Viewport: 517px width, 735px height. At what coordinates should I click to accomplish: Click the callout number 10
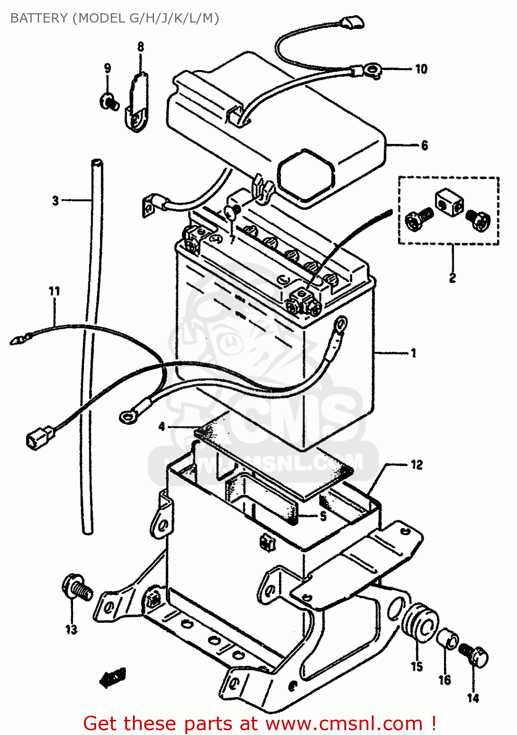point(421,69)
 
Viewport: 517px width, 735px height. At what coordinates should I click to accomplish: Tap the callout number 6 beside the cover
point(424,146)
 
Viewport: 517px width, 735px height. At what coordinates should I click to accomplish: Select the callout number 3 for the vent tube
point(55,200)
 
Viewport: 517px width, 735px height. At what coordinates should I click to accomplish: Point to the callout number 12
point(416,465)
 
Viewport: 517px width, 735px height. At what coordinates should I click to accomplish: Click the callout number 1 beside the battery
point(414,353)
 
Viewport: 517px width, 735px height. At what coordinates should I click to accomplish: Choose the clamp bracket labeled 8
point(137,104)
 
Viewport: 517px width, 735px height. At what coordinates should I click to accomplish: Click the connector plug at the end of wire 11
point(39,437)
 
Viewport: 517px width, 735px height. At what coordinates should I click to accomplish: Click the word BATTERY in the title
point(39,18)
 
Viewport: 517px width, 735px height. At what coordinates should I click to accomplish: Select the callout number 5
point(323,516)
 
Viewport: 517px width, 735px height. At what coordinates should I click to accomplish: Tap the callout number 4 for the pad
point(162,427)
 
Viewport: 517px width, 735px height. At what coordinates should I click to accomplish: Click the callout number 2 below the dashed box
point(452,278)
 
